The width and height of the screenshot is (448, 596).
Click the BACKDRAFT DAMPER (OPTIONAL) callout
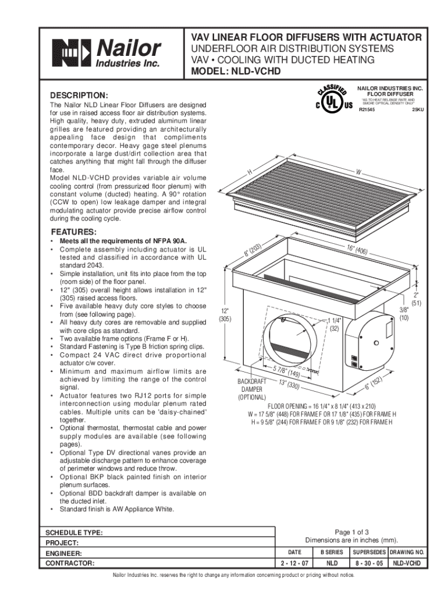[251, 389]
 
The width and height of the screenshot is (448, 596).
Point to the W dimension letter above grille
[358, 172]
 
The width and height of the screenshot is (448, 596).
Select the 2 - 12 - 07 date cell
[294, 563]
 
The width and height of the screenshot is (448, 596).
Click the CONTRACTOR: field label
[70, 563]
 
